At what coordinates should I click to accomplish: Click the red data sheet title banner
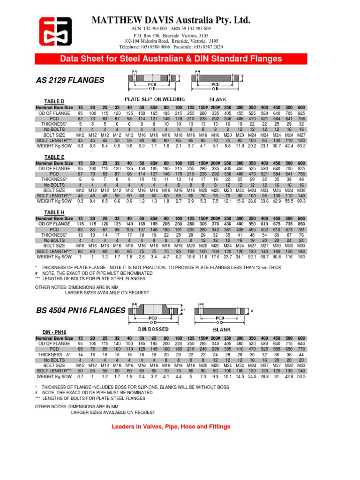[x=171, y=59]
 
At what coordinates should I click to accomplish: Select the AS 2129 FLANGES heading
[x=70, y=81]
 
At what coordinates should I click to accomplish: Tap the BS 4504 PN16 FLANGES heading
[x=81, y=310]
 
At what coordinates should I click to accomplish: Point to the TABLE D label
[x=54, y=102]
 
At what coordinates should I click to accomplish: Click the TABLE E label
[x=54, y=157]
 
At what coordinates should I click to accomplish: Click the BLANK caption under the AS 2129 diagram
[x=218, y=99]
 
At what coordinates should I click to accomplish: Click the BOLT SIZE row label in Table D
[x=54, y=135]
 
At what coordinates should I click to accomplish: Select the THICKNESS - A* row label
[x=54, y=355]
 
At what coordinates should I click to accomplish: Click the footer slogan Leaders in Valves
[x=171, y=427]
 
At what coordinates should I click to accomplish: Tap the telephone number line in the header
[x=171, y=47]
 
